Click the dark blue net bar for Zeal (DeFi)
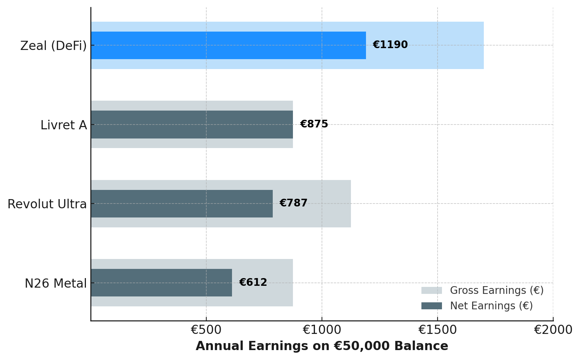click(228, 45)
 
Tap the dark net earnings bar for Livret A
click(191, 125)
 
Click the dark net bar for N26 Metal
click(162, 282)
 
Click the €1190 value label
click(390, 45)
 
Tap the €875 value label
click(314, 124)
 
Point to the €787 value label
click(293, 203)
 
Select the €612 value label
click(253, 282)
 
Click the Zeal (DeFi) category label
click(53, 46)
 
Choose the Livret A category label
click(64, 125)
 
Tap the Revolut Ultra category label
click(47, 204)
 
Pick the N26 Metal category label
click(55, 284)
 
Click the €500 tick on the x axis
click(206, 330)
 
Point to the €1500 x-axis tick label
click(437, 330)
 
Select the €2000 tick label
click(552, 330)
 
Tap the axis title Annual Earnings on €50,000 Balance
click(322, 346)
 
